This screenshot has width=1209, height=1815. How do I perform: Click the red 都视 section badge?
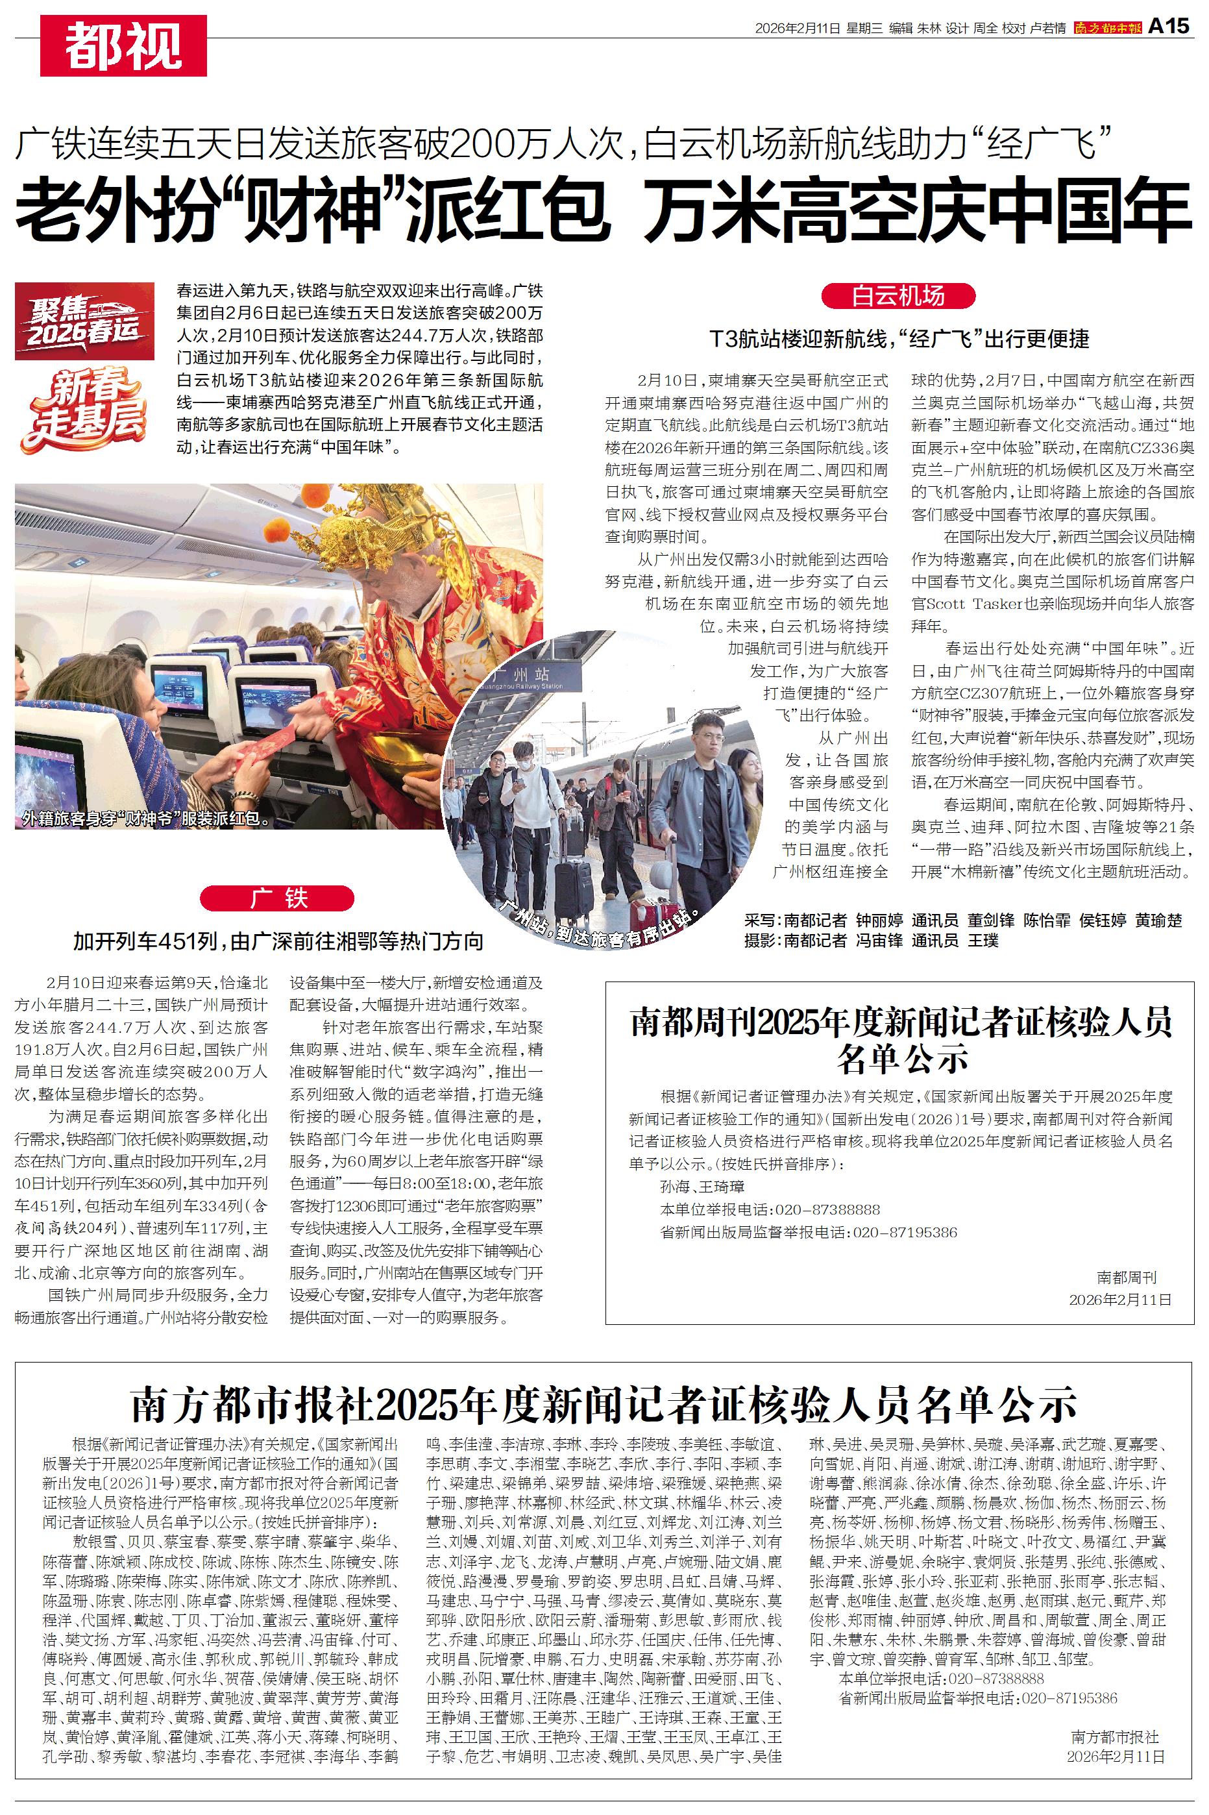[x=123, y=45]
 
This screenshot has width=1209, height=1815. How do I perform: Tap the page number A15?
[x=1169, y=26]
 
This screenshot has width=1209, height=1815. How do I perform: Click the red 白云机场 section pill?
[x=898, y=296]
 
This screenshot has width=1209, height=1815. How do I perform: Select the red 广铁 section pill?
[x=277, y=898]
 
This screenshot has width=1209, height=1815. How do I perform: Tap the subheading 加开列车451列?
[x=278, y=941]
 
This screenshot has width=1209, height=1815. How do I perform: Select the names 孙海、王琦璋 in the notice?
[x=702, y=1187]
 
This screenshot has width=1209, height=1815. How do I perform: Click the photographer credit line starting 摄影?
[x=872, y=941]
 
